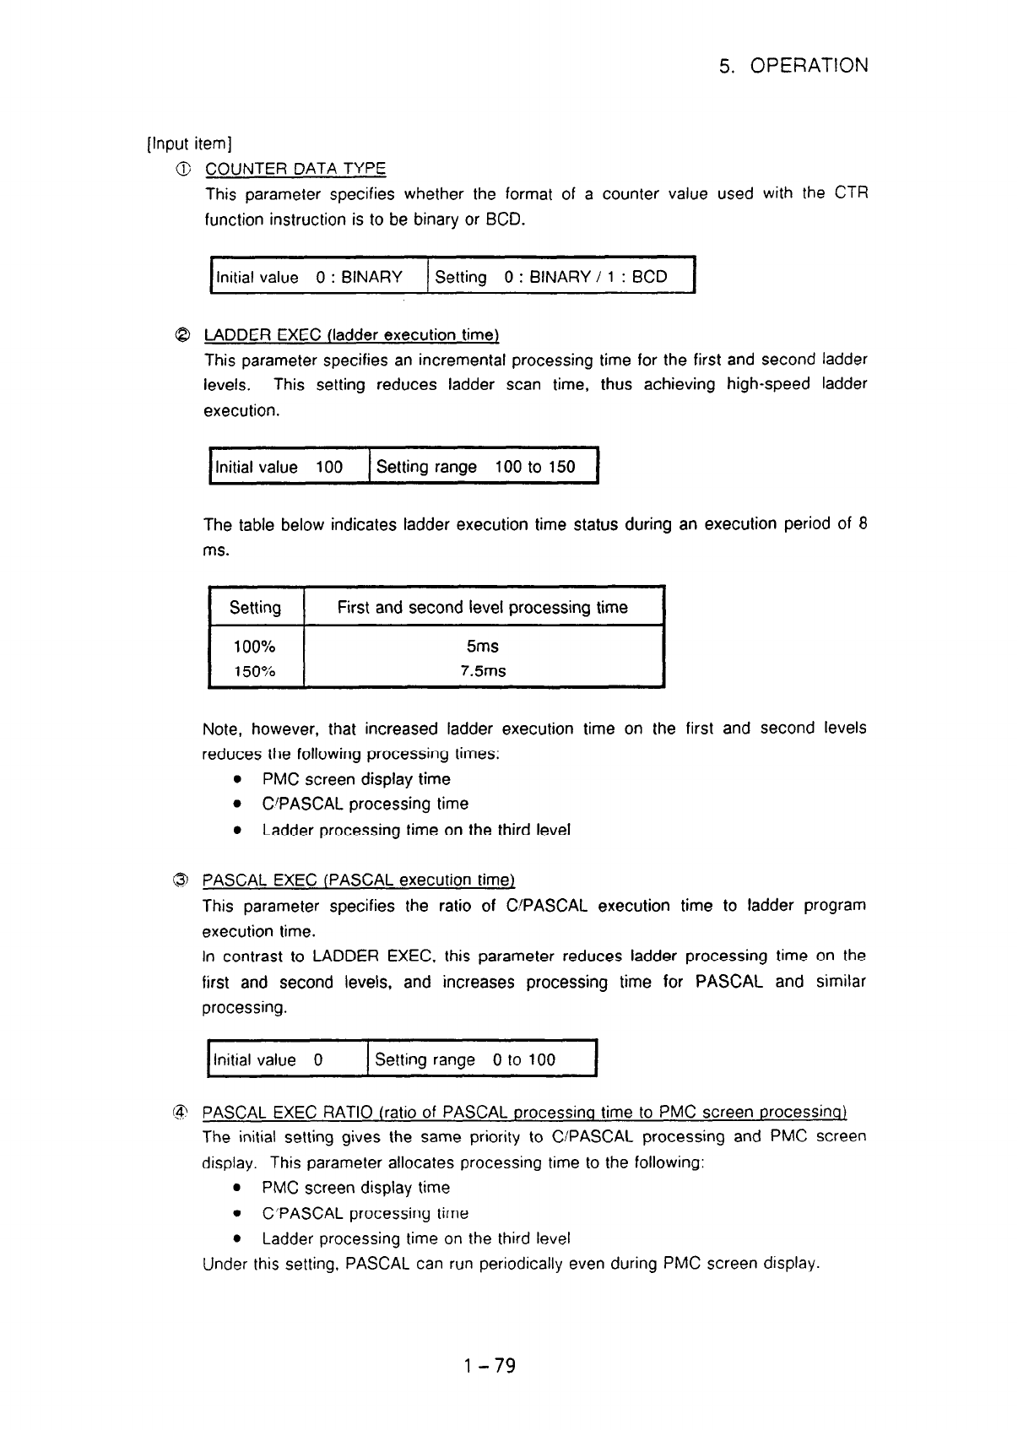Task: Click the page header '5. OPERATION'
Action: (793, 66)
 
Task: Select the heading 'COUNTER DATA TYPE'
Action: (295, 169)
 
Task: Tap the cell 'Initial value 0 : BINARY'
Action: (309, 277)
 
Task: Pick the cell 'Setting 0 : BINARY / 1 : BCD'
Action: (550, 277)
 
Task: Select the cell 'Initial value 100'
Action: (279, 467)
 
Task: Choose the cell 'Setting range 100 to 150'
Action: (475, 467)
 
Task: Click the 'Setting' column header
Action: (255, 607)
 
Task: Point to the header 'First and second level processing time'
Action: (482, 607)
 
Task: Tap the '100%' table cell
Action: (254, 647)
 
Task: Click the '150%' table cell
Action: (254, 672)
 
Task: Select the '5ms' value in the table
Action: (482, 647)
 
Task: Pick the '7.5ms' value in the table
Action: (482, 672)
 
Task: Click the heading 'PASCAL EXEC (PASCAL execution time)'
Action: (359, 880)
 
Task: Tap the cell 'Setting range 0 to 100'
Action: (465, 1059)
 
